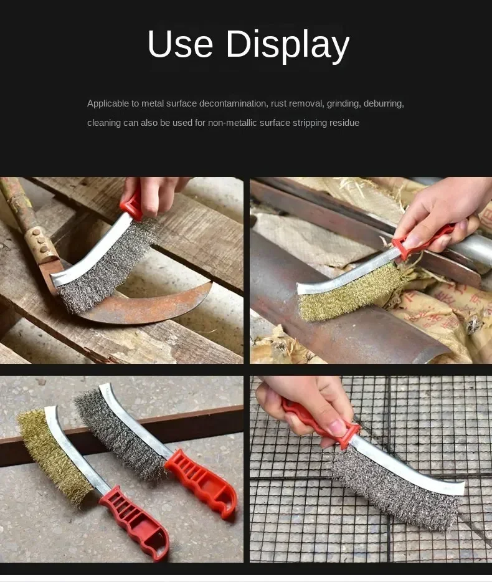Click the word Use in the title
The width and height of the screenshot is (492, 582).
[180, 44]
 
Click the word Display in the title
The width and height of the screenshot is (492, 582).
[288, 45]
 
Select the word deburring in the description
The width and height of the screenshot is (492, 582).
[384, 103]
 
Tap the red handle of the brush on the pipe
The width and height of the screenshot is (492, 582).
[427, 239]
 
